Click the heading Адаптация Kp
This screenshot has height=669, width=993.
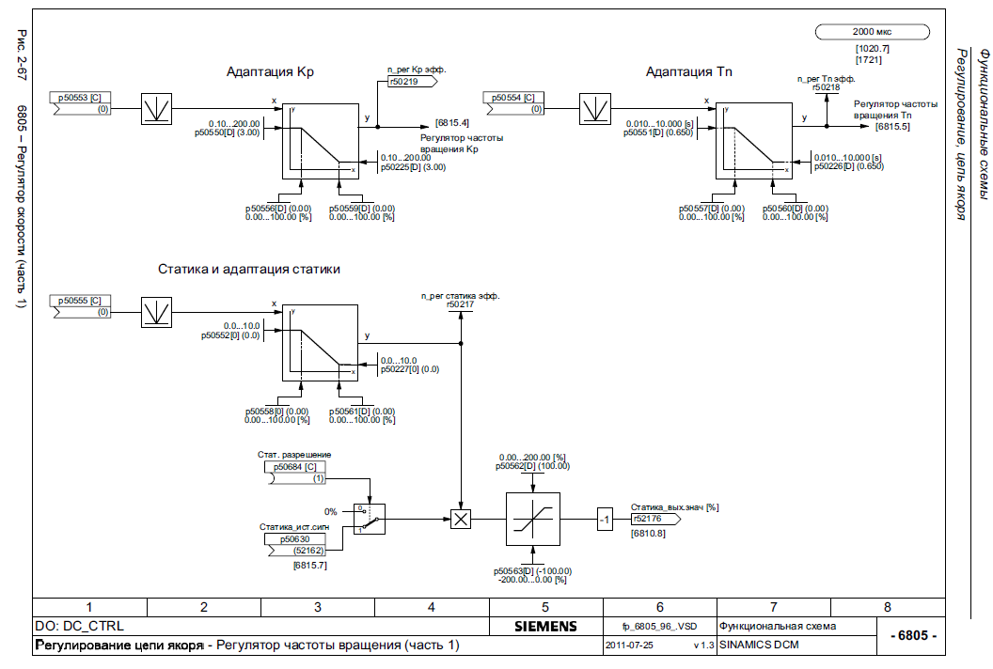pyautogui.click(x=270, y=71)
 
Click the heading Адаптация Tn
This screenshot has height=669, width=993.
pyautogui.click(x=689, y=71)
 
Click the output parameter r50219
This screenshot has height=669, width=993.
pyautogui.click(x=408, y=82)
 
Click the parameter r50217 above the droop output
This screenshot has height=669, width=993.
pyautogui.click(x=460, y=304)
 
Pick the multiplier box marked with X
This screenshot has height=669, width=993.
pyautogui.click(x=460, y=518)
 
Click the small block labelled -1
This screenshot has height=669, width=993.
pyautogui.click(x=605, y=518)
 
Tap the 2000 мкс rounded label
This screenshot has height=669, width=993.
pyautogui.click(x=874, y=32)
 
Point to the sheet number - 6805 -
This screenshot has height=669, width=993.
pyautogui.click(x=911, y=635)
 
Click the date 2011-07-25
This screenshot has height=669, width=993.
pyautogui.click(x=631, y=646)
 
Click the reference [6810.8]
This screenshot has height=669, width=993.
pyautogui.click(x=648, y=533)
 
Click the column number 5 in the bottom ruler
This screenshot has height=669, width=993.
pyautogui.click(x=544, y=607)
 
